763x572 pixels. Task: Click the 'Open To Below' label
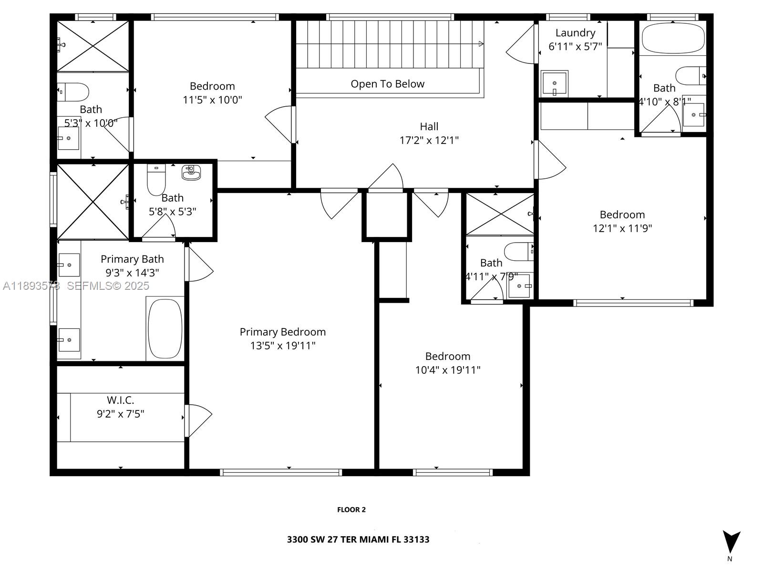click(387, 84)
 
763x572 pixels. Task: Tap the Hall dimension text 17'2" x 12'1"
click(429, 140)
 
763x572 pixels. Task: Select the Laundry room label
click(575, 33)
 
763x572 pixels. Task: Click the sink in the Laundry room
click(554, 83)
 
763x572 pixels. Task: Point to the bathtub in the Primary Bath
click(165, 328)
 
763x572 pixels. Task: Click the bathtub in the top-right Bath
click(673, 38)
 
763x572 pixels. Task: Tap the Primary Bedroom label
click(282, 332)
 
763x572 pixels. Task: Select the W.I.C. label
click(120, 400)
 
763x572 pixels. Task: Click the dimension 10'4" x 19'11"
click(447, 370)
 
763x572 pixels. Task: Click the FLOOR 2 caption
click(351, 510)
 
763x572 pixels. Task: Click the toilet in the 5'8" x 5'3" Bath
click(156, 181)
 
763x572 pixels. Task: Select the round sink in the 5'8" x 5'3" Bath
click(191, 173)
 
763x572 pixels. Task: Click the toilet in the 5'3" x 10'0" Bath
click(74, 92)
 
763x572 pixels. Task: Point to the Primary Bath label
click(132, 259)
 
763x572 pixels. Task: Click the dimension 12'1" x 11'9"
click(622, 228)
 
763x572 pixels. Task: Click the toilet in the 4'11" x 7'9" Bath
click(518, 251)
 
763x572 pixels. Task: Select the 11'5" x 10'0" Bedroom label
click(212, 86)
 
